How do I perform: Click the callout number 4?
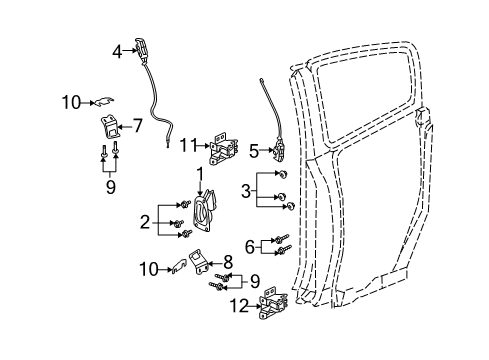click(116, 51)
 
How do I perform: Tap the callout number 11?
click(188, 146)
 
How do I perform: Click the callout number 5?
click(253, 152)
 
